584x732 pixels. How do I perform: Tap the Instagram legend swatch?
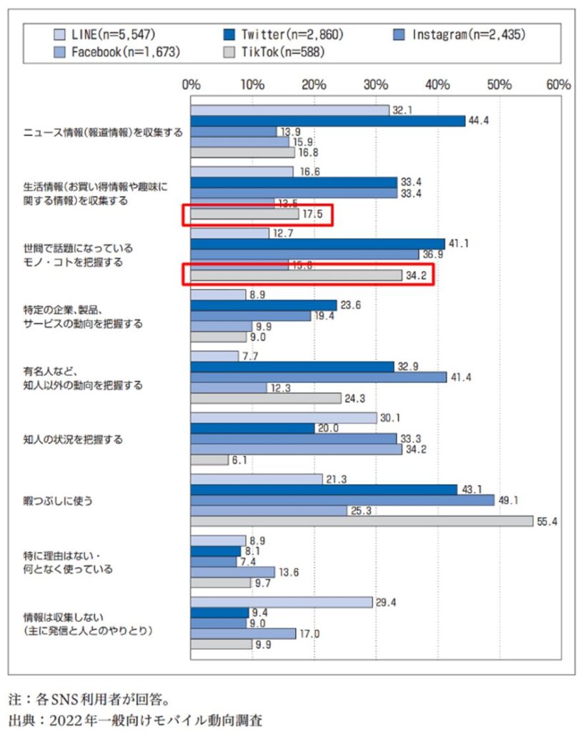coord(400,33)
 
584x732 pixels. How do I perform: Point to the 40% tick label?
coord(437,84)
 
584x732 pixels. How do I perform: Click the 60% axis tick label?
coord(558,84)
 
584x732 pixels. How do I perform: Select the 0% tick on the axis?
coord(191,84)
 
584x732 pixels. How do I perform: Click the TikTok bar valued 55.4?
coord(361,521)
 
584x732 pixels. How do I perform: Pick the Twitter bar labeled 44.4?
coord(327,121)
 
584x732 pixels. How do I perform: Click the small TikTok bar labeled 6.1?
coord(209,460)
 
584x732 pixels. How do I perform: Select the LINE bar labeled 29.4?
coord(282,603)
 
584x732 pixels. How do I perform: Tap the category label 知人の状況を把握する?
coord(73,439)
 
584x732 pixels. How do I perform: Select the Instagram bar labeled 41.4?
coord(318,376)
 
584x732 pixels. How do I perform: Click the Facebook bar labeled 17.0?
coord(243,633)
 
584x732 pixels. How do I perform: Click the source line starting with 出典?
coord(136,718)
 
